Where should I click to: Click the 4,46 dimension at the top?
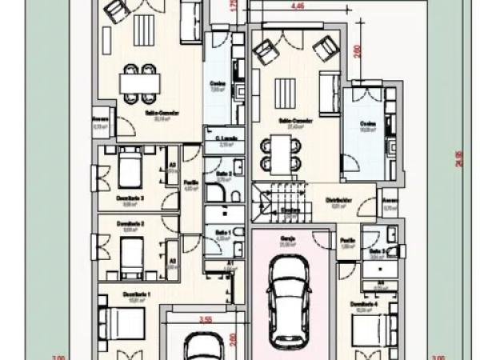click(298, 6)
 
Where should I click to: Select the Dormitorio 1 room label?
click(136, 294)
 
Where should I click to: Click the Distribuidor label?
click(340, 200)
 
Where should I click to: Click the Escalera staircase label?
click(290, 211)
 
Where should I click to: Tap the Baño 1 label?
click(223, 231)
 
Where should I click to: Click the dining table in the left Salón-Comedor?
click(140, 82)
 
